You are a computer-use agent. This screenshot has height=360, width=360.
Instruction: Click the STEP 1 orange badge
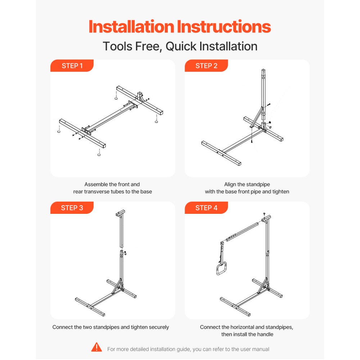click(72, 66)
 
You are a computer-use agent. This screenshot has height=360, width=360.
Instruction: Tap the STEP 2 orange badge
click(206, 66)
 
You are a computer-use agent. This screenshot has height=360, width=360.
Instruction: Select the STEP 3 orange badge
click(72, 208)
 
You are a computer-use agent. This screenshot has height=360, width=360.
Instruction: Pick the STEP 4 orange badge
click(206, 208)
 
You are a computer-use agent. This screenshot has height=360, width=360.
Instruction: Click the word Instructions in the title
click(224, 27)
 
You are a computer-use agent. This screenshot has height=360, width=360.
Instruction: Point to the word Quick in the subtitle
click(181, 46)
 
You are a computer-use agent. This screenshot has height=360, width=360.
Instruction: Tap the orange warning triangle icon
click(96, 347)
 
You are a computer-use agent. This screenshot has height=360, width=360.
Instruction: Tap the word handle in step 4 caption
click(264, 334)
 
